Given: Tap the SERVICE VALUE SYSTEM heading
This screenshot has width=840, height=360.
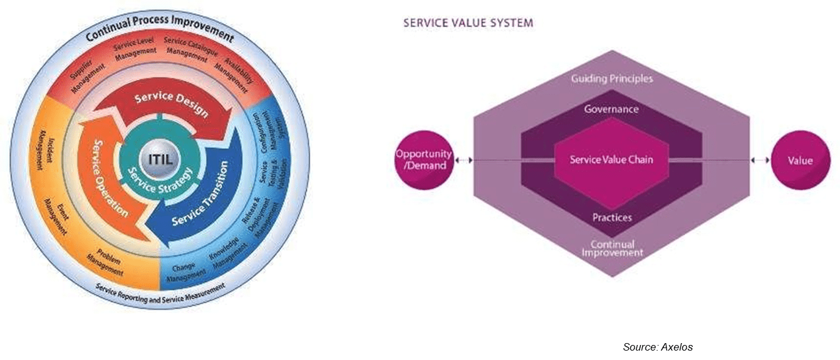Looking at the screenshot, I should point(468,23).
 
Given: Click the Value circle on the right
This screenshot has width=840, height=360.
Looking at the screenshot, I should point(800,160).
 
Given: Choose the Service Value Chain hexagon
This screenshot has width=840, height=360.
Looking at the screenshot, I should point(611,160).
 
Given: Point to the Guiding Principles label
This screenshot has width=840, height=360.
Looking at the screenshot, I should point(611,79).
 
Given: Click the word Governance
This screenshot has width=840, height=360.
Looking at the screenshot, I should point(611,109).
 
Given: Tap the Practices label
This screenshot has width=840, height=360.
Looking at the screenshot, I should point(611,218).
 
